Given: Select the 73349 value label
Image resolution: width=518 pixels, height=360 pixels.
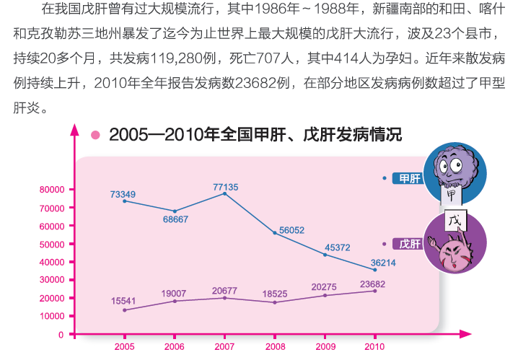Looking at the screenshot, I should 123,194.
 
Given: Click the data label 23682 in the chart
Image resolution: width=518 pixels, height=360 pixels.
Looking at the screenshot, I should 372,284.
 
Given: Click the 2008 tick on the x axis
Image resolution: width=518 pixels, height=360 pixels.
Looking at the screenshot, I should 275,347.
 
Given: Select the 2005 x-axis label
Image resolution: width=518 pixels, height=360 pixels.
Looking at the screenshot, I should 124,347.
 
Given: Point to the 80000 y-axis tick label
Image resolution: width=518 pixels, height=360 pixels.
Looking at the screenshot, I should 52,190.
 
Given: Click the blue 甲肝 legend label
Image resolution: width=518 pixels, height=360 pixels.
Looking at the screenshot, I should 409,177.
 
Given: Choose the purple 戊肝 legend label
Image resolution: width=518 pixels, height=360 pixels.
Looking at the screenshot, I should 409,243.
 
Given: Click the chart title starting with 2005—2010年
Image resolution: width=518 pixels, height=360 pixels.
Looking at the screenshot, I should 255,134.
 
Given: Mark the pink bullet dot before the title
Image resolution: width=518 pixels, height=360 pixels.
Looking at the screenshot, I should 95,135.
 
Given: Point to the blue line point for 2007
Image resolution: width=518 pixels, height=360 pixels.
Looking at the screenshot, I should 224,194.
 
